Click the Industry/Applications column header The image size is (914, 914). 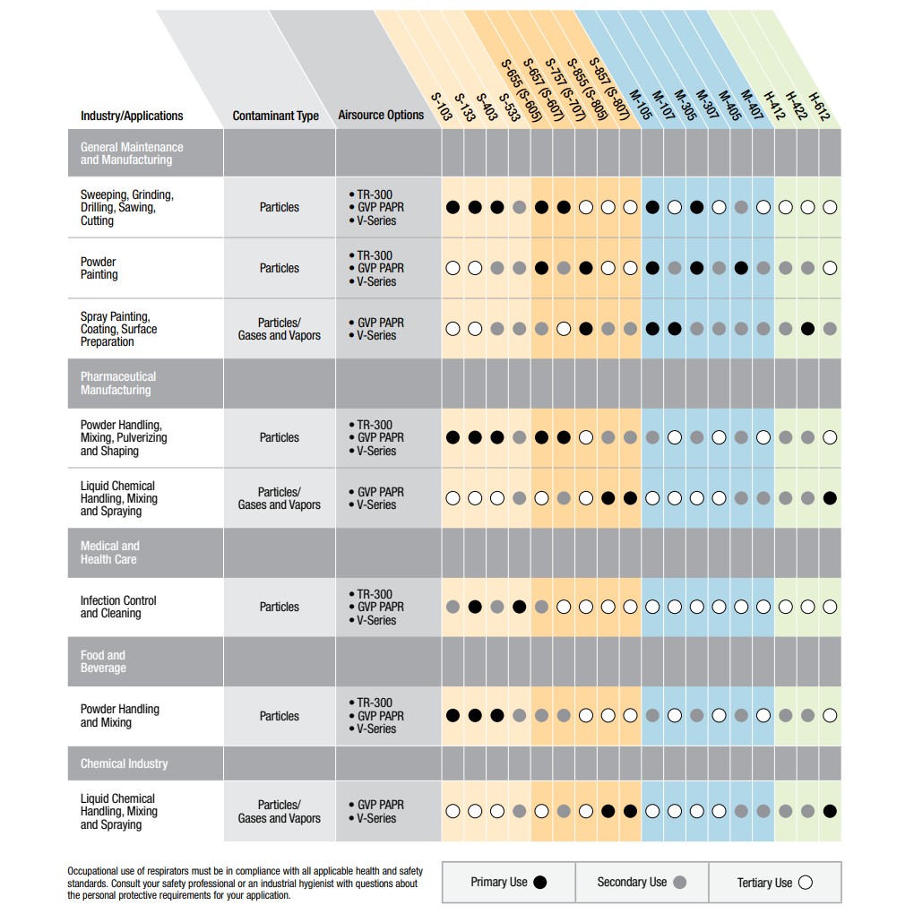tap(132, 116)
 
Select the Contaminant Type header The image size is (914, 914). tap(276, 116)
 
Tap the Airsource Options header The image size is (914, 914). tap(381, 115)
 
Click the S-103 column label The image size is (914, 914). tap(442, 107)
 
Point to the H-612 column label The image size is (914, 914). tap(820, 107)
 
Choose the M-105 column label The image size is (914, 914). tap(641, 105)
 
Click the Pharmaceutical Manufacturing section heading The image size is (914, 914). tap(118, 383)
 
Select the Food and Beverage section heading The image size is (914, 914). tap(103, 661)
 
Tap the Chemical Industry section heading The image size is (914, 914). tap(125, 763)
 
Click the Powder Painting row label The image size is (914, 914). tap(99, 268)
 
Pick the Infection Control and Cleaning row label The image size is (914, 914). tap(118, 607)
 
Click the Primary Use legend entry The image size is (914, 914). tap(508, 882)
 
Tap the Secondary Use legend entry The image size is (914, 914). tap(642, 882)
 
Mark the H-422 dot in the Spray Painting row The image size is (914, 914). tap(807, 329)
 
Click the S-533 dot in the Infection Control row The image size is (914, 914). tap(520, 607)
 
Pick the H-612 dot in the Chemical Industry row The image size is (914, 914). tap(830, 811)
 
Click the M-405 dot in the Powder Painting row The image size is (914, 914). tap(741, 268)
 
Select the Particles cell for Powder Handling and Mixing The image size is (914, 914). tap(280, 716)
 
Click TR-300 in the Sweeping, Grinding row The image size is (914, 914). tap(375, 194)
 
